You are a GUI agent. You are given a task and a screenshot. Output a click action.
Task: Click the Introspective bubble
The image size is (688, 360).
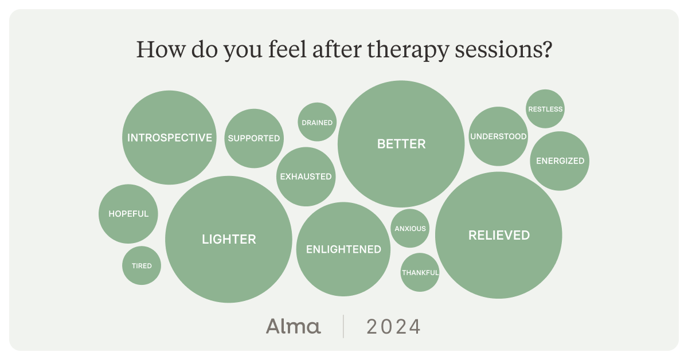click(169, 138)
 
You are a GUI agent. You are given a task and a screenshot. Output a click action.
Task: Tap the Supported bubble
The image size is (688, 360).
click(253, 138)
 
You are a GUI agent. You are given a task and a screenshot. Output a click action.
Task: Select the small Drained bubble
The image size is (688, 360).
click(317, 122)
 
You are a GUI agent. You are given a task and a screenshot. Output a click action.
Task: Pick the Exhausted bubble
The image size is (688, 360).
click(306, 177)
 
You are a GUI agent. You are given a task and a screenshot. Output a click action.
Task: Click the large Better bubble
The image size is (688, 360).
click(401, 144)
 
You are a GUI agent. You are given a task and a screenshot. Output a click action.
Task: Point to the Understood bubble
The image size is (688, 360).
click(498, 136)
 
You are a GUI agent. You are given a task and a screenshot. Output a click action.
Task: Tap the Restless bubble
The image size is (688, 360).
click(545, 109)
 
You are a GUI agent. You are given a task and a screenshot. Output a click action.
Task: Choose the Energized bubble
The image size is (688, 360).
click(560, 161)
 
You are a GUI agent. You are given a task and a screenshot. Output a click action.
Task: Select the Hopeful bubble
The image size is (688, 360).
click(128, 214)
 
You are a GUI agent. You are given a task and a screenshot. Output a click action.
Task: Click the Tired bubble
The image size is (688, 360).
click(142, 265)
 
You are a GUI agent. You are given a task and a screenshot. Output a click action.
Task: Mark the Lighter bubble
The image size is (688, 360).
click(229, 239)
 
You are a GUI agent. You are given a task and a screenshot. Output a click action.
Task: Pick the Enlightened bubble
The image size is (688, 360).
click(343, 249)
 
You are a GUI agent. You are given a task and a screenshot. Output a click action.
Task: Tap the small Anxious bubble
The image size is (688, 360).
click(410, 228)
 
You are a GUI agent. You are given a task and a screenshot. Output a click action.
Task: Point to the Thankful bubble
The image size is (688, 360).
click(420, 272)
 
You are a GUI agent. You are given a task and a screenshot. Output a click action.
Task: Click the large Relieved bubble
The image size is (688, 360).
click(499, 235)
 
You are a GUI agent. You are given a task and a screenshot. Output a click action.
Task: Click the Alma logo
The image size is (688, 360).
click(293, 326)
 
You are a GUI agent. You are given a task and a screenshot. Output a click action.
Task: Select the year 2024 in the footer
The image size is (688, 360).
click(394, 327)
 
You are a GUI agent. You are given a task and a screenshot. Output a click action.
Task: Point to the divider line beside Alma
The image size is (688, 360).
click(343, 326)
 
